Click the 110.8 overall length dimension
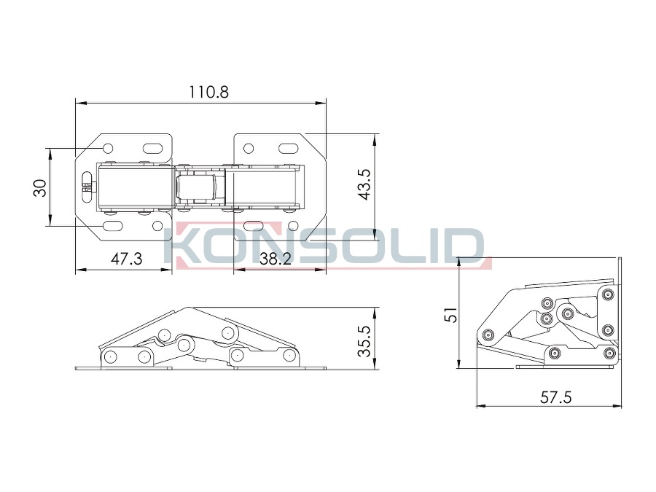click(x=208, y=92)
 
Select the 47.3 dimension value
click(x=126, y=259)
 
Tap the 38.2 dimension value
click(x=276, y=259)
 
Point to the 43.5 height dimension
click(x=364, y=184)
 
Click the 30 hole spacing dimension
click(x=40, y=188)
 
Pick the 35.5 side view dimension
click(x=364, y=341)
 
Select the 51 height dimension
click(x=451, y=314)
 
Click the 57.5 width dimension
click(x=555, y=397)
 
